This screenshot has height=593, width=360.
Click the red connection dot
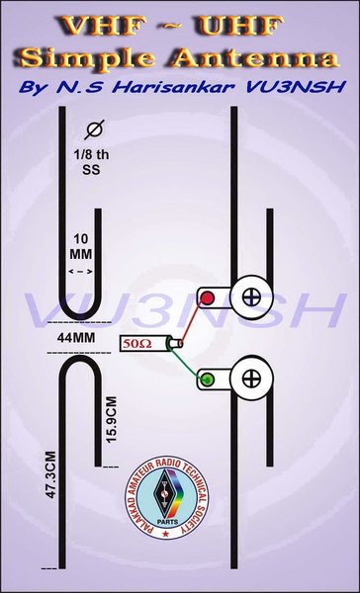[208, 297]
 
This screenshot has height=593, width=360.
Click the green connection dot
[208, 379]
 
